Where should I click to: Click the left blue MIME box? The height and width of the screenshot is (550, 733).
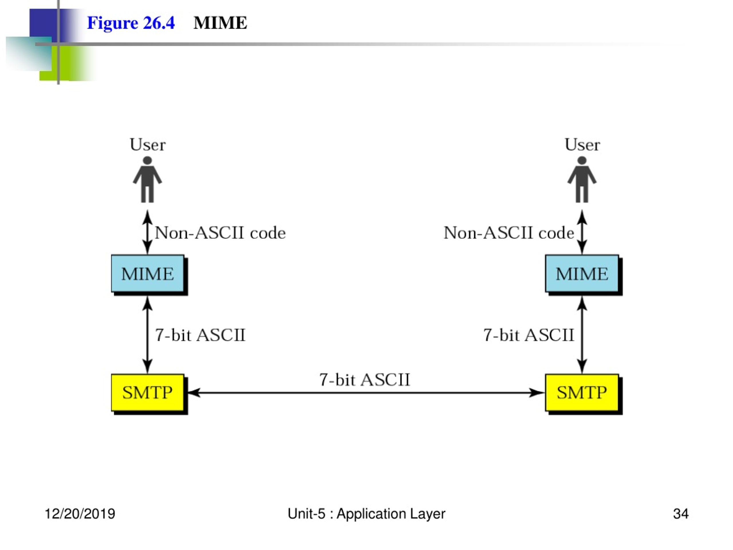148,274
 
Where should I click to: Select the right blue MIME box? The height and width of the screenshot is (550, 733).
582,274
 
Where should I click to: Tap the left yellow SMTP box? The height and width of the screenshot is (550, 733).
148,392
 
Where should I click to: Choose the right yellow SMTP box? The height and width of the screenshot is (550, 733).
582,392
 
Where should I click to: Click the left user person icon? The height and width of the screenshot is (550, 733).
147,179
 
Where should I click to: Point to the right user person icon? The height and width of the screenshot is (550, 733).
582,179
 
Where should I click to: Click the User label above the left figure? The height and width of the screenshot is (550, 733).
148,145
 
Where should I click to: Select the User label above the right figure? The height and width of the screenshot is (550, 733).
582,145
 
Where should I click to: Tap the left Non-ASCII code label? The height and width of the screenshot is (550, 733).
220,233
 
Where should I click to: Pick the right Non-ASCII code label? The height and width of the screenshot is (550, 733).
509,233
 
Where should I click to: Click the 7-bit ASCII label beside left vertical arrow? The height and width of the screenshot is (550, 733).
200,335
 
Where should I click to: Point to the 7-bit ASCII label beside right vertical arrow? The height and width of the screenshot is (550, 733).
529,335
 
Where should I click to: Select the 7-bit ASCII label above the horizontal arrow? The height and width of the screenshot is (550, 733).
364,380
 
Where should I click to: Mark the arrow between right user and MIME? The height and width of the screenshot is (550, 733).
582,232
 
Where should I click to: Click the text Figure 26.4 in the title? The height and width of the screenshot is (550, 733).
131,23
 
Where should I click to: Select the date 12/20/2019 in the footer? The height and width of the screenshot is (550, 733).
80,514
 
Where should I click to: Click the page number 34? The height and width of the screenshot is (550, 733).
681,514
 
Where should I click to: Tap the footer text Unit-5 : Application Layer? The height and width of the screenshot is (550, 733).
366,514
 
